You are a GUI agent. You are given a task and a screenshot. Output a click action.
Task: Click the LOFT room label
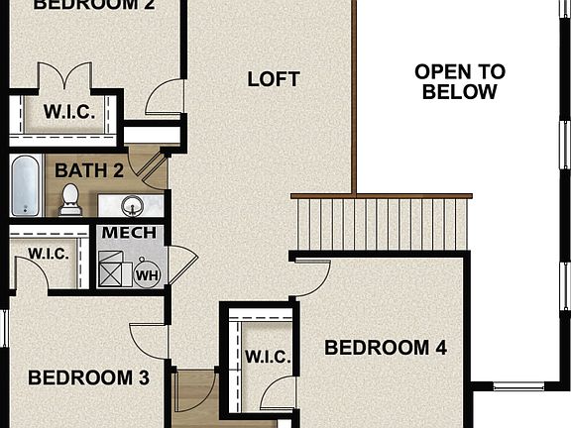274,79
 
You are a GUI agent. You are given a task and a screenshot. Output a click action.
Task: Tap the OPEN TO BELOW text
459,82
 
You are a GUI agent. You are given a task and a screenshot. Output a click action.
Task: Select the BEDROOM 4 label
386,348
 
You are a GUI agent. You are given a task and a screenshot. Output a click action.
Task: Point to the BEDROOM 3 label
88,377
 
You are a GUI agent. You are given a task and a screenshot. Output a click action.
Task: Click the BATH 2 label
89,169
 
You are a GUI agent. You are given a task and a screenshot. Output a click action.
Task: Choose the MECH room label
129,233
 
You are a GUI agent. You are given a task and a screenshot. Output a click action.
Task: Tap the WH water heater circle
147,274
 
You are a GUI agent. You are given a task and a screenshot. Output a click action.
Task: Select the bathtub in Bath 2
26,186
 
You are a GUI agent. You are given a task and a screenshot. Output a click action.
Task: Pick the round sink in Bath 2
130,206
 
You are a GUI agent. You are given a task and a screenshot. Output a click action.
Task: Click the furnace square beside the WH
114,267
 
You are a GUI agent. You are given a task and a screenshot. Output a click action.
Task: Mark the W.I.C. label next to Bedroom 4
266,356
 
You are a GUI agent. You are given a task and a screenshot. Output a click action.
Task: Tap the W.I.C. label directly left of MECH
49,254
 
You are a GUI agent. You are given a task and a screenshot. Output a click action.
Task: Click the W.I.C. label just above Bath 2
69,112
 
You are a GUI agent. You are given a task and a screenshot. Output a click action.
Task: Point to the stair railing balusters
382,223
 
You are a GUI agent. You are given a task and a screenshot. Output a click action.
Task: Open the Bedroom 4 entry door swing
312,277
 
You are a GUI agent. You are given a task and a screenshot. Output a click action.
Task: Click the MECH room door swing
180,265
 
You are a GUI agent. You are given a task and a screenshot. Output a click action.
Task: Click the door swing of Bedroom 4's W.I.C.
278,392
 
